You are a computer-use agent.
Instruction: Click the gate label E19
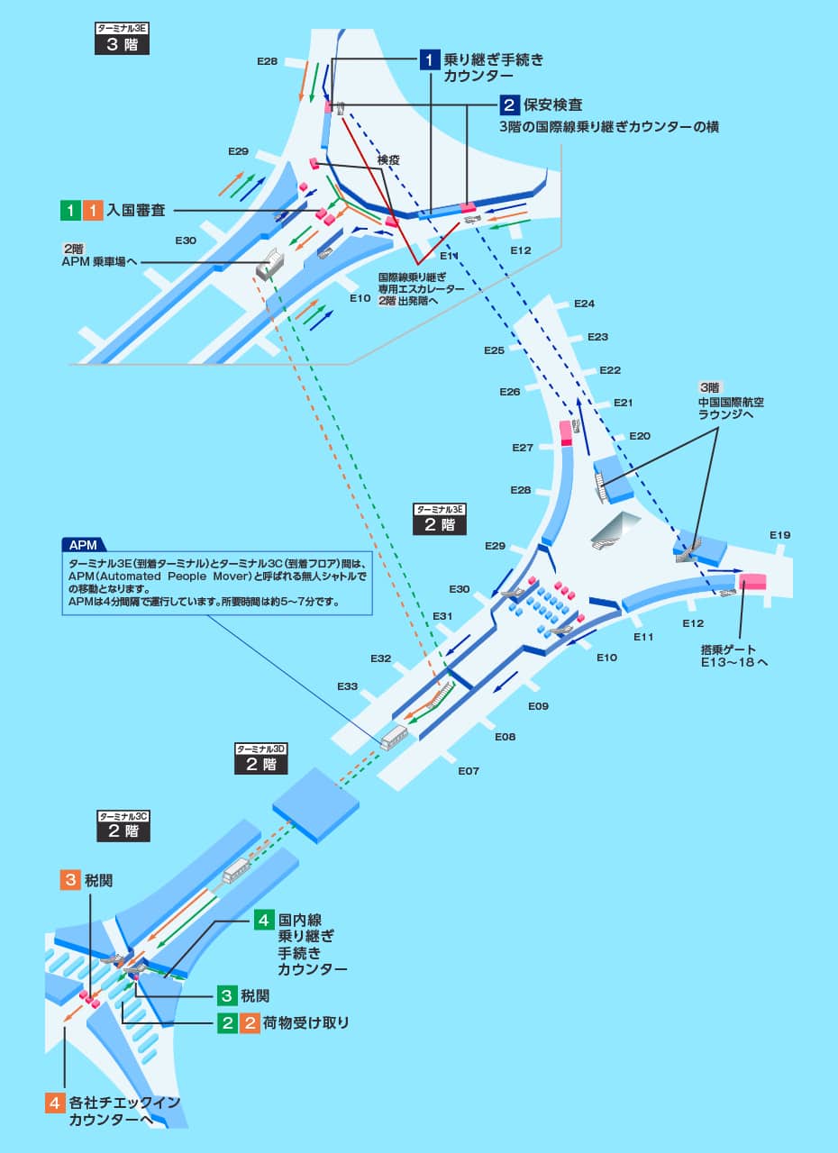pos(779,535)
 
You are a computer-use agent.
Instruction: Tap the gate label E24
pos(584,304)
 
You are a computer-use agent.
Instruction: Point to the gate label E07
pos(469,771)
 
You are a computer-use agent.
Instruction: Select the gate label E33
pos(349,686)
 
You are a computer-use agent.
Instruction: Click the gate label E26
pos(510,392)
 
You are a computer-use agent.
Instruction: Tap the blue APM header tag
pos(83,544)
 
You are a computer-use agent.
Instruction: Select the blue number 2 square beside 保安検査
pos(509,104)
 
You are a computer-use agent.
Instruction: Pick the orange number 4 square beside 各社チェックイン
pos(56,1103)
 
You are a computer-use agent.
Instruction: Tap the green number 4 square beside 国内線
pos(263,920)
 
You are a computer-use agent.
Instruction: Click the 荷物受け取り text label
pos(305,1023)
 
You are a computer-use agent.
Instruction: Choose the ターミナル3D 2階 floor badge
pos(261,758)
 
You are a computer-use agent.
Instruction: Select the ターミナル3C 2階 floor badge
pos(123,825)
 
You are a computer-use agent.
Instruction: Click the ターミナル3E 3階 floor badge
pos(122,39)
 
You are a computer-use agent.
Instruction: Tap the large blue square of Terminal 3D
pos(315,803)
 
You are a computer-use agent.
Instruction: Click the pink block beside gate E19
pos(752,582)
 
